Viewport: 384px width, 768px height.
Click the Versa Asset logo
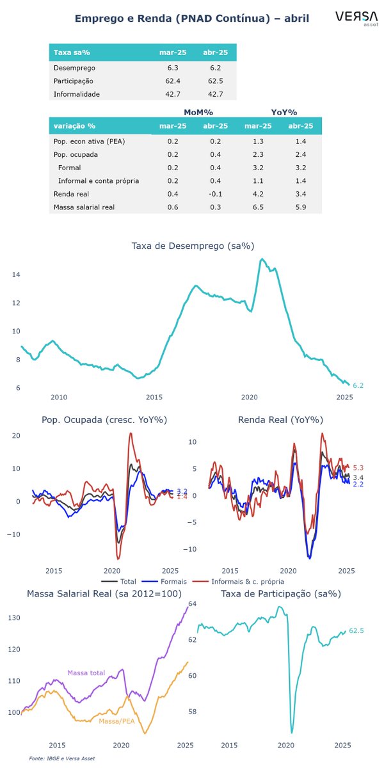[x=351, y=19]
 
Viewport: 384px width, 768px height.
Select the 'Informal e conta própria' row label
[x=99, y=180]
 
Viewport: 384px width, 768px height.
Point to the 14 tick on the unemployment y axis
[x=16, y=275]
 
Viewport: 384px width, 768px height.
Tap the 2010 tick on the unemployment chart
[x=59, y=397]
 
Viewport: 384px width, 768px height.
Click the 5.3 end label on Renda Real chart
[x=358, y=468]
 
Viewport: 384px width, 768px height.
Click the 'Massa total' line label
[x=86, y=673]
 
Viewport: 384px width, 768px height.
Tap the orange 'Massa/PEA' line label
[x=116, y=721]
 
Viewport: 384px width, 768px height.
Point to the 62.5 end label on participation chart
[x=356, y=631]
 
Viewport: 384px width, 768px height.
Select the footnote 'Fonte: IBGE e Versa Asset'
[x=62, y=758]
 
